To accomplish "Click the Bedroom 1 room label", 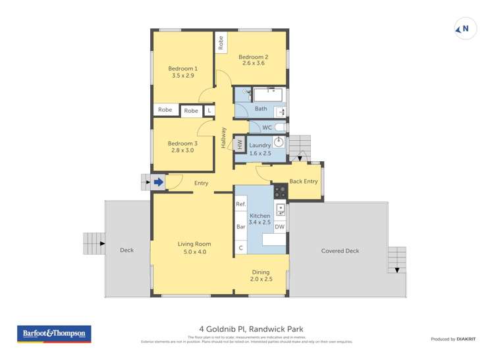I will click(182, 68).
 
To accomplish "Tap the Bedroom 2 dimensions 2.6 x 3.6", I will click(254, 63).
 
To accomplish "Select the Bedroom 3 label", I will click(182, 143).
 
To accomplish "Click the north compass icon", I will click(466, 29).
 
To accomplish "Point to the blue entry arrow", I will click(159, 182).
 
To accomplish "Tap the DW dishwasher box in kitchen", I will click(280, 226).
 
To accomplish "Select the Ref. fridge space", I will click(241, 205).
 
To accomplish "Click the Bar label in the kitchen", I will click(241, 226).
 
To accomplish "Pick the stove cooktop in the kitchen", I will click(281, 192).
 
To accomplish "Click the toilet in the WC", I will click(280, 127).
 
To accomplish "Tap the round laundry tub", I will click(279, 141).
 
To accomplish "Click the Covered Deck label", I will click(340, 251).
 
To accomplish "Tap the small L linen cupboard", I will click(209, 111).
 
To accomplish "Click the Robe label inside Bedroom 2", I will click(221, 43).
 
